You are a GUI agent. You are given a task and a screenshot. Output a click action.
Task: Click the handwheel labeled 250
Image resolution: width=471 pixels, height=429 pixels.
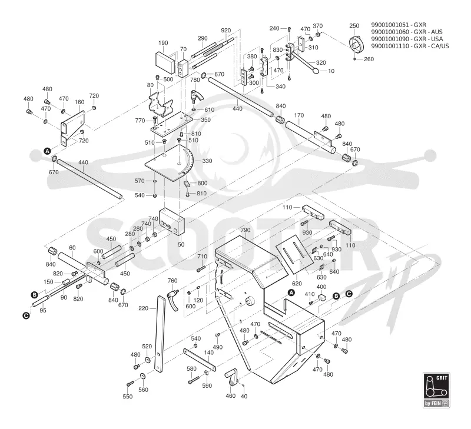[357, 44]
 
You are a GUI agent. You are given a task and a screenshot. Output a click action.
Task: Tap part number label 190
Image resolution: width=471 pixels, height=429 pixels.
[163, 43]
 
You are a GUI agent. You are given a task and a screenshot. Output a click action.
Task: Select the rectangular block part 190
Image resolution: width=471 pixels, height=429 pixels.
[165, 62]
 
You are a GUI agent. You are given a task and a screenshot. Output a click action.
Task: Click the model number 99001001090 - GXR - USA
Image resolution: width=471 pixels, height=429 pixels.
[407, 39]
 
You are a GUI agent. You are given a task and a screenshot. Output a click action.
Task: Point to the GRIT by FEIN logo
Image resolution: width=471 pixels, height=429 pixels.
[436, 390]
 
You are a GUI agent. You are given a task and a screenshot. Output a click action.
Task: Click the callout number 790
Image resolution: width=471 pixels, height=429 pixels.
[246, 230]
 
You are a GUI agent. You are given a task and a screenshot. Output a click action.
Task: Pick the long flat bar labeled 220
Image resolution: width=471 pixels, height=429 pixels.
[160, 334]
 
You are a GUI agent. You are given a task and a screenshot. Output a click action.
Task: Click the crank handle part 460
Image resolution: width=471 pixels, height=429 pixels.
[231, 380]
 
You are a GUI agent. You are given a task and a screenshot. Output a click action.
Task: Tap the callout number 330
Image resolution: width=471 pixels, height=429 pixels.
[207, 161]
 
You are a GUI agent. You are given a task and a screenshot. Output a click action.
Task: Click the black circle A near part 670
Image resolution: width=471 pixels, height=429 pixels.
[47, 151]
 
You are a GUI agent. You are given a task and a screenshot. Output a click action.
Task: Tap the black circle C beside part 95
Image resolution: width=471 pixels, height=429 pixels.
[26, 315]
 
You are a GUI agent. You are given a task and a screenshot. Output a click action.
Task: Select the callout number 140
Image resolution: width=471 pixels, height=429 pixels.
[209, 352]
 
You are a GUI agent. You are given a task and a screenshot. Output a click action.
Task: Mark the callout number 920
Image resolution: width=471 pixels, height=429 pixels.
[226, 31]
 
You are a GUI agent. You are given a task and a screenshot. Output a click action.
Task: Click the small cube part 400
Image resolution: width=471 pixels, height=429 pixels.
[321, 297]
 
